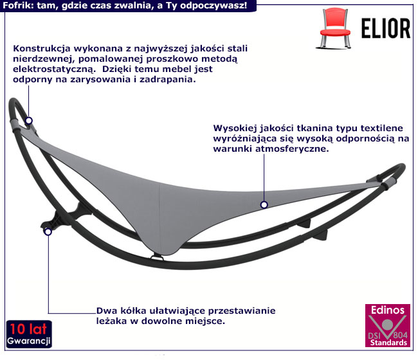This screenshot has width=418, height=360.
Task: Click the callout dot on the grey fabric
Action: tap(264, 205)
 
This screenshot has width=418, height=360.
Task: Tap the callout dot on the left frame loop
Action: tap(29, 120)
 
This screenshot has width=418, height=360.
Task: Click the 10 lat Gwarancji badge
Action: tap(28, 332)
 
